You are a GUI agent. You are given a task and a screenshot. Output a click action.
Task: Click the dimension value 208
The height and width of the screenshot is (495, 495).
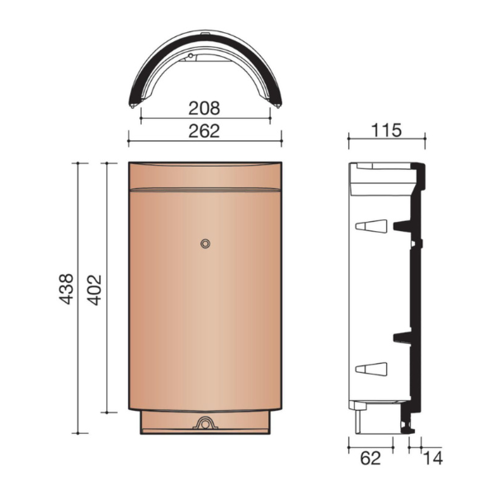coord(205,106)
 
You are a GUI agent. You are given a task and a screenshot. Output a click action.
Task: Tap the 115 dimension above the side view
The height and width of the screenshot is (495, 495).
coord(385,130)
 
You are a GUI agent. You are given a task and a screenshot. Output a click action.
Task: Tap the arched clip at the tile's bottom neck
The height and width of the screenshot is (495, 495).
coord(205,423)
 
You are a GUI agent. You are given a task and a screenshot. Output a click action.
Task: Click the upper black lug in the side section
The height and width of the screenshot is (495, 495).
coord(403,224)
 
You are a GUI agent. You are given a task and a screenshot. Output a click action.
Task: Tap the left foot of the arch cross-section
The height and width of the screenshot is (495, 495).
coord(134,104)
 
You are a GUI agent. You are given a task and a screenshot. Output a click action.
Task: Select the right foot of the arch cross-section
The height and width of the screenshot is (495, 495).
coord(276,104)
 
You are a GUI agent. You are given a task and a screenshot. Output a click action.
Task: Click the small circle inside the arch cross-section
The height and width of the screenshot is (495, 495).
coord(191,57)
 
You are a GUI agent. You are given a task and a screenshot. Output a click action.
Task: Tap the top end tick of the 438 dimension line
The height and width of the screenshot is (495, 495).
coord(78,163)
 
